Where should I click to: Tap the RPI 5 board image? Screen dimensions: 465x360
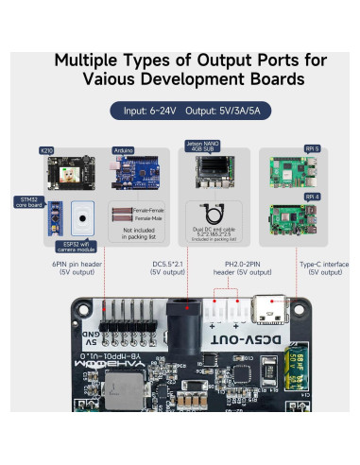(x=293, y=172)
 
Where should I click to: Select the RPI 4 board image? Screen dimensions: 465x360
(x=293, y=220)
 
